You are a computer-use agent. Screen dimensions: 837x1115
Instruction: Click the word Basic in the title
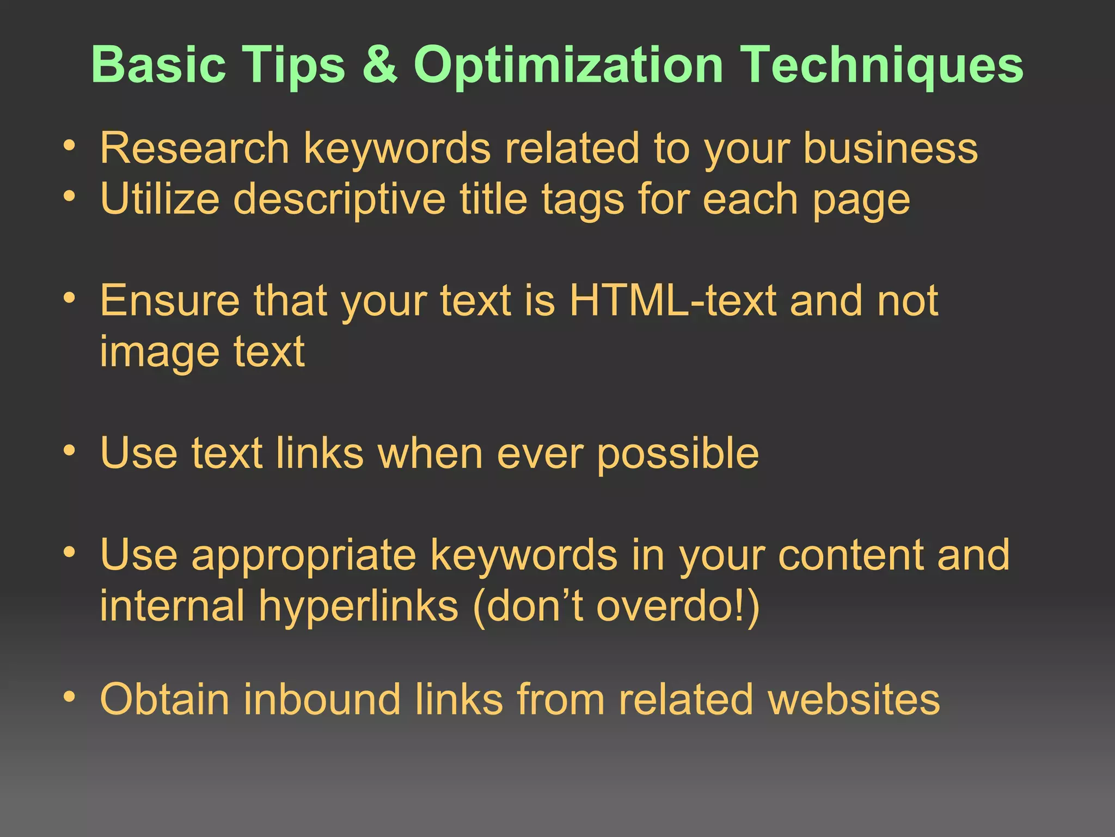(x=158, y=65)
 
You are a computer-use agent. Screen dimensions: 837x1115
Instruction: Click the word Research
(x=194, y=148)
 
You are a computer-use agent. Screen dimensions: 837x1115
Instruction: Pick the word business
(x=890, y=148)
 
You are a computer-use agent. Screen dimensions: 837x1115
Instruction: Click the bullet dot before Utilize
(x=69, y=196)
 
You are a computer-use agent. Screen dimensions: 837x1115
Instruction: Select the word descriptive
(x=339, y=199)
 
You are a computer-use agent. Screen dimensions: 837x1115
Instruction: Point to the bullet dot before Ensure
(x=69, y=298)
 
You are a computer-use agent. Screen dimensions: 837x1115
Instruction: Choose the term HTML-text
(x=672, y=300)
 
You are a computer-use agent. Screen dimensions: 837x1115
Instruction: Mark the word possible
(x=677, y=453)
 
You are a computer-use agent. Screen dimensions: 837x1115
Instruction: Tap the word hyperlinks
(x=358, y=606)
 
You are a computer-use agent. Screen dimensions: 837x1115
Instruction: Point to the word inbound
(x=322, y=699)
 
